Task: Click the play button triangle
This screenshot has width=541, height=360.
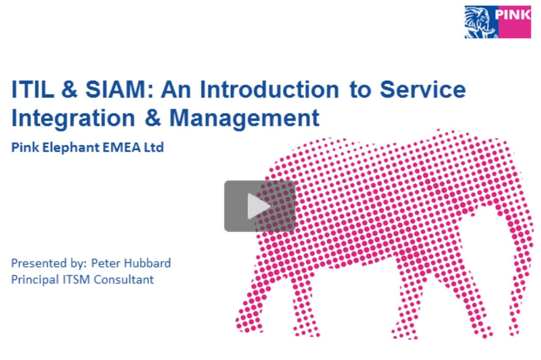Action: coord(259,206)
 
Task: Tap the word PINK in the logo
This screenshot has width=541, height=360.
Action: coord(513,15)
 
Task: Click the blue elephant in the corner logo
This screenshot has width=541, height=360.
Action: coord(481,22)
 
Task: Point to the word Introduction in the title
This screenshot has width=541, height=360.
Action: coord(269,89)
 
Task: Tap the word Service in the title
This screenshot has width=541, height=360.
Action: coord(422,89)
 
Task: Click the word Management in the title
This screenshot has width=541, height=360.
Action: coord(244,119)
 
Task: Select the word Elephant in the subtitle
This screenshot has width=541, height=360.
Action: coord(71,147)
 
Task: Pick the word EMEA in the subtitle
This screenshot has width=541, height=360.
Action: coord(121,147)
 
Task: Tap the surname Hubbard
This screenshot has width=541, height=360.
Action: coord(147,263)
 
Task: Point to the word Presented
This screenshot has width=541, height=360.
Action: coord(39,263)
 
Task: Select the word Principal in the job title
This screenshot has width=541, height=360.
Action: coord(35,280)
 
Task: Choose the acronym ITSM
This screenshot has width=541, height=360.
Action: coord(76,279)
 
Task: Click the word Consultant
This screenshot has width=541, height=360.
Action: coord(123,279)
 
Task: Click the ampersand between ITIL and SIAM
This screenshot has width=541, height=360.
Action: coord(69,89)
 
